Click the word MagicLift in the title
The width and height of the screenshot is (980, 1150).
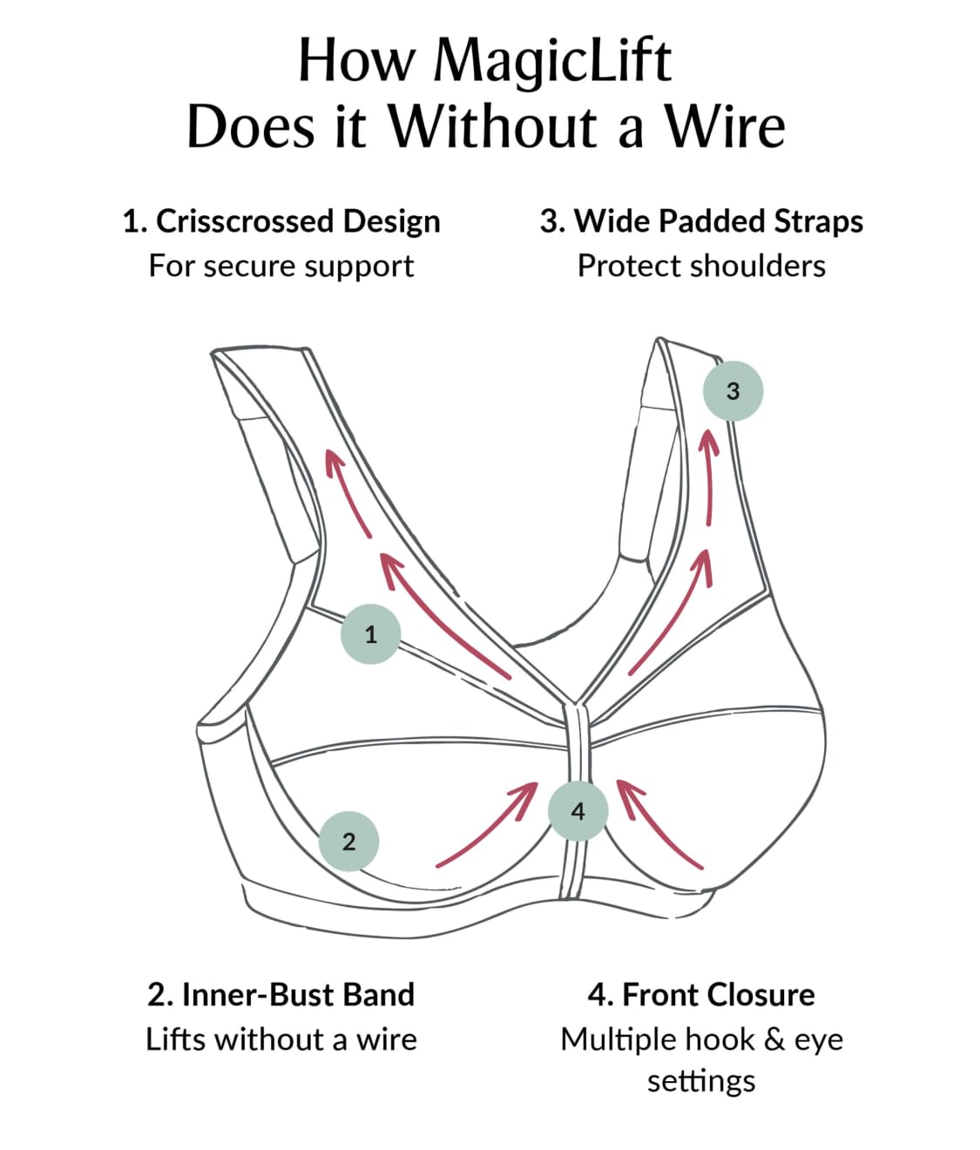tap(552, 61)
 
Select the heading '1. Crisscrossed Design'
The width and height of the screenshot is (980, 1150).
tap(281, 221)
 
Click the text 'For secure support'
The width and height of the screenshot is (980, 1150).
tap(281, 266)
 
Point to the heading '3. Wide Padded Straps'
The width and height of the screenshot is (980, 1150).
tap(701, 221)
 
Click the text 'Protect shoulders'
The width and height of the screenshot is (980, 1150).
tap(701, 266)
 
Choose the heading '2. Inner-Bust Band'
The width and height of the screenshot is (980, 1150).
tap(281, 994)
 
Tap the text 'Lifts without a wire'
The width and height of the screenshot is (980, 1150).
tap(281, 1039)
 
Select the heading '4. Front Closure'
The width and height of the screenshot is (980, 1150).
tap(701, 994)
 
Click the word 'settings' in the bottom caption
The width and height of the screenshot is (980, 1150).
tap(701, 1081)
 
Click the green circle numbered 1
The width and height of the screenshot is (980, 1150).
tap(370, 634)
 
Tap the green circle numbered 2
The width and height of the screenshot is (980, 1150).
tap(348, 842)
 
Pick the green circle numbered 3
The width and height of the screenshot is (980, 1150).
tap(733, 391)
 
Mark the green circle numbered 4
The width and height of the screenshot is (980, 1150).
tap(578, 811)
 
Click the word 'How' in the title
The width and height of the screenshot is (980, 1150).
tap(359, 61)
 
